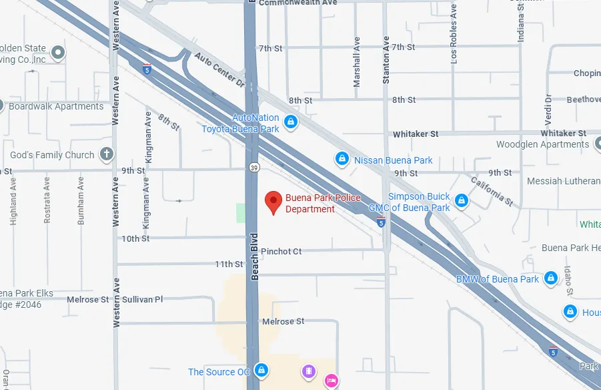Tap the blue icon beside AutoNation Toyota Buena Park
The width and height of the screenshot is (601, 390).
[290, 122]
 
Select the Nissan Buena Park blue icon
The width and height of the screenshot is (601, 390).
[342, 159]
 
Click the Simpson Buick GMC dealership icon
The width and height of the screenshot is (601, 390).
[462, 200]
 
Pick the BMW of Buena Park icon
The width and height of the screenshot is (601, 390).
[550, 277]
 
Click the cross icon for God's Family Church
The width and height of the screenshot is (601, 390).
[106, 155]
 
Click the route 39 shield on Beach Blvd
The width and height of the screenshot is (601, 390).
[253, 167]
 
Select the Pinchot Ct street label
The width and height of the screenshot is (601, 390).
[281, 252]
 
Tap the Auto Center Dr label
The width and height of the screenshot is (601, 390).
[221, 70]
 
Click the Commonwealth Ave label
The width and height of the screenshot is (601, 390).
[297, 3]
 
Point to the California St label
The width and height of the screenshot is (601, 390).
[492, 191]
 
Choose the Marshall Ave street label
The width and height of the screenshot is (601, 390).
[356, 61]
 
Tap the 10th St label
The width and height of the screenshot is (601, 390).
[135, 238]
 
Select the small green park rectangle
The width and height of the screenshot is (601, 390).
[241, 213]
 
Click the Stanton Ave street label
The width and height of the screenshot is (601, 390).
[386, 60]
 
